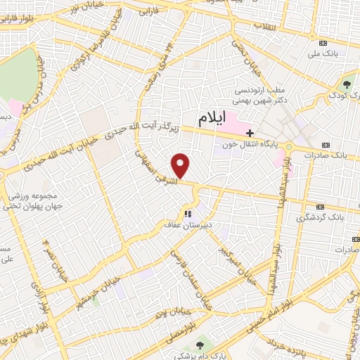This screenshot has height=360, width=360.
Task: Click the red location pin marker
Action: click(181, 165)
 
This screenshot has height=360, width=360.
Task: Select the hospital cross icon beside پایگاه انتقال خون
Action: click(250, 133)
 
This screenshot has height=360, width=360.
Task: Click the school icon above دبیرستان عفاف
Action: click(187, 214)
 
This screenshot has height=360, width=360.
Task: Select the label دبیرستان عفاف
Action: click(186, 226)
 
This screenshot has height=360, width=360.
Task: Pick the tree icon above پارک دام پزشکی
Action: click(200, 345)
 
